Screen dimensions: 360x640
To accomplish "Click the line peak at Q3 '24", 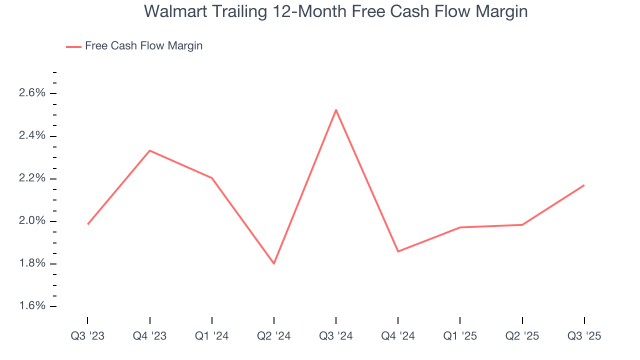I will point(336,109).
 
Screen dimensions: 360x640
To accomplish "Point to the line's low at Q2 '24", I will point(274,263).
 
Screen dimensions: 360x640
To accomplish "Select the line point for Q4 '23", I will point(150,150).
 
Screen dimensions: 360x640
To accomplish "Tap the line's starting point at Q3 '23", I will point(88,224).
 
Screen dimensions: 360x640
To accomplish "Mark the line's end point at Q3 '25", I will point(584,185).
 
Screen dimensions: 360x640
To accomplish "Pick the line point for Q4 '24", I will point(398,251).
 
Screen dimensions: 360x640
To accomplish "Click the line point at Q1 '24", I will point(212,178).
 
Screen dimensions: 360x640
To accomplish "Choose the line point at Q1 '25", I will point(460,227).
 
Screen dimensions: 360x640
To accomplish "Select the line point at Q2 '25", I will point(522,224).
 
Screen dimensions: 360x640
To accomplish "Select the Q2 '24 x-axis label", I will point(274,336).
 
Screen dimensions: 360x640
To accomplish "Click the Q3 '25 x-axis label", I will point(584,336).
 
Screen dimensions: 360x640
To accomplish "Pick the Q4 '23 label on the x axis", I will point(150,336).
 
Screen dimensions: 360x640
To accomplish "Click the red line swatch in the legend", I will point(73,46).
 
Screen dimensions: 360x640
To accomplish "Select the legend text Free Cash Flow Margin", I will point(143,46).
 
